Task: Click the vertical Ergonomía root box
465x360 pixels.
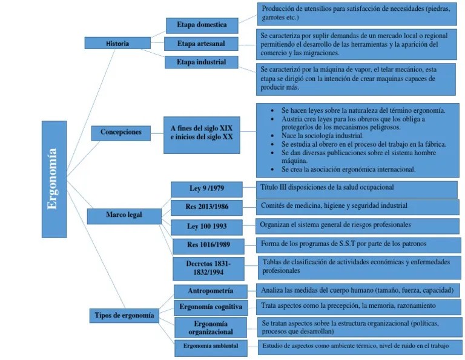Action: click(x=54, y=179)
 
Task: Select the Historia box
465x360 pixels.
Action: click(x=117, y=43)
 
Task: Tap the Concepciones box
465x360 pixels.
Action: click(x=121, y=132)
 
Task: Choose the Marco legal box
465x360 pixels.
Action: click(x=125, y=215)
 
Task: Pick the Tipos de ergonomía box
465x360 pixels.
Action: click(x=125, y=315)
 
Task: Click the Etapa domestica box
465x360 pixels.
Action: click(x=202, y=25)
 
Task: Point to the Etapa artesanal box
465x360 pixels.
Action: click(x=202, y=44)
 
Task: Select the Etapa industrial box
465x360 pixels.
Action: click(x=202, y=62)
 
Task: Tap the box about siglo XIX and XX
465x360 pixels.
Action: click(x=202, y=133)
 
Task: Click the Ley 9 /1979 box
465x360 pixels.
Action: click(x=206, y=188)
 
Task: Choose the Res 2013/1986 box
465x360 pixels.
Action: click(x=206, y=207)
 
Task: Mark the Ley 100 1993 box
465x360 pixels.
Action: click(x=206, y=226)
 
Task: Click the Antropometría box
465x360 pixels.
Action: click(x=210, y=291)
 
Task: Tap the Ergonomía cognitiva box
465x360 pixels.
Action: click(x=211, y=307)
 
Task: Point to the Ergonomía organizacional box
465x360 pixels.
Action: click(x=211, y=327)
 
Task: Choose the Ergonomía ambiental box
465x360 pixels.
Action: click(x=211, y=346)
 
